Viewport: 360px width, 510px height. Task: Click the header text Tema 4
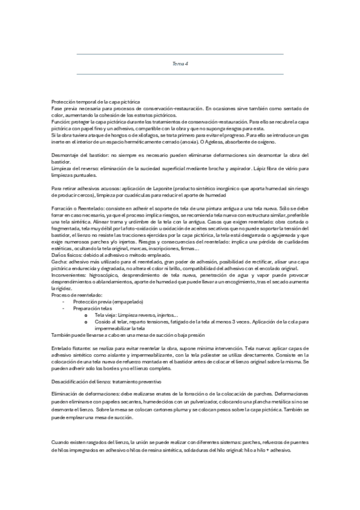[180, 64]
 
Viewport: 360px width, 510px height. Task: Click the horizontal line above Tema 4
[180, 54]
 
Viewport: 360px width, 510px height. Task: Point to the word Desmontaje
[63, 156]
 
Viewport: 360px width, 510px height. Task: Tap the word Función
[61, 120]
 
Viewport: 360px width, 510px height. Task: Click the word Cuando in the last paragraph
[61, 442]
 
